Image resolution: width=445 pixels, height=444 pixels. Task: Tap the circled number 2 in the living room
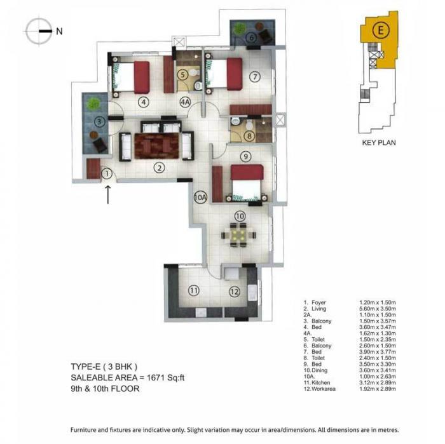pos(160,168)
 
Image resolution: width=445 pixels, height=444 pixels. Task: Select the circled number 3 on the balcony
pos(99,122)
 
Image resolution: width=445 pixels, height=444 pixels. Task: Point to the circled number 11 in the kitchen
pos(194,291)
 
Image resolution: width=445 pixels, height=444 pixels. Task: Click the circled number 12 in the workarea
pos(234,292)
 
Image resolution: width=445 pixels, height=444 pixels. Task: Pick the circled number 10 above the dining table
pos(240,216)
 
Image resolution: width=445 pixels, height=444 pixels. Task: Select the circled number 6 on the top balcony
pos(251,38)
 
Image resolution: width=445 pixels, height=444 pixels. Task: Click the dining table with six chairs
pos(238,236)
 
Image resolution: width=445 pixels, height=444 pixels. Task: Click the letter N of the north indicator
pos(59,30)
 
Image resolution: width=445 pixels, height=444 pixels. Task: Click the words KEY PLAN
pos(378,143)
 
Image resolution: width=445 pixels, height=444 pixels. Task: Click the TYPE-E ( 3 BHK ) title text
pos(107,367)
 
